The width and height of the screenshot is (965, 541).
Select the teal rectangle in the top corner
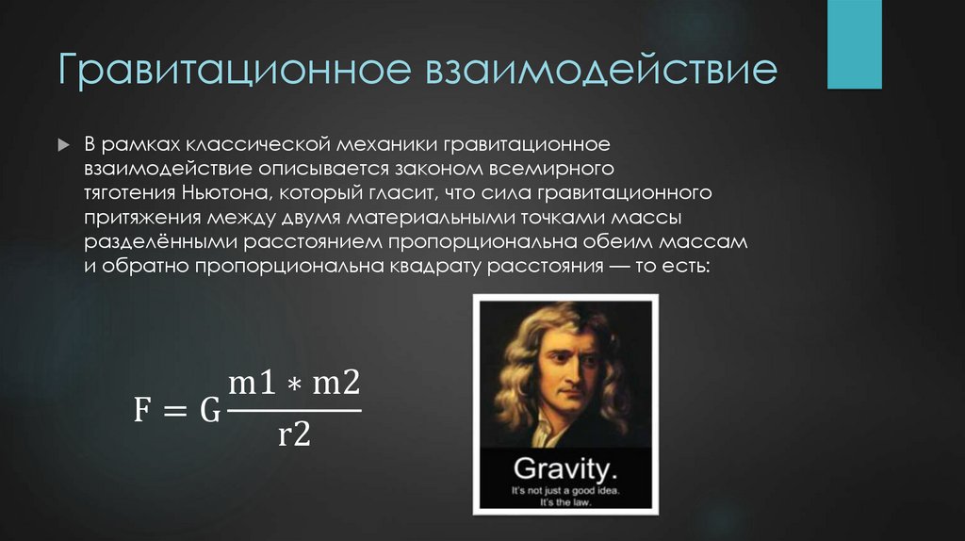854,44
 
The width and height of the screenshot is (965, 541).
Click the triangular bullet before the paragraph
64,146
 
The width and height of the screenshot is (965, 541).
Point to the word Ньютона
218,193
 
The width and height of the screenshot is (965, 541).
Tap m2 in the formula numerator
336,385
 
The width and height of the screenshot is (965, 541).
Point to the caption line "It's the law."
564,502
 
